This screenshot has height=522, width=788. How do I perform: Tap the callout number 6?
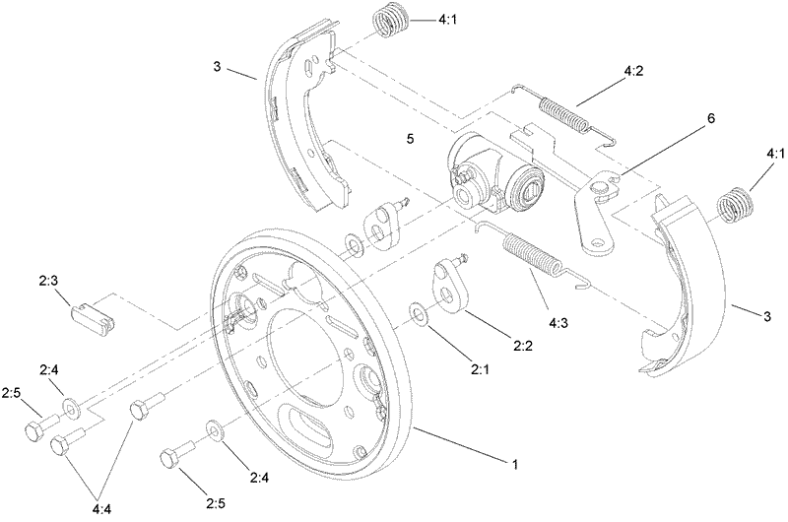[x=711, y=119]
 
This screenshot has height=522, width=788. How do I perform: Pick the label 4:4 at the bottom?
[x=101, y=509]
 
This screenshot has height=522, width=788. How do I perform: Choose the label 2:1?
[x=481, y=370]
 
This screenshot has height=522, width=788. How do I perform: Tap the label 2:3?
[x=50, y=282]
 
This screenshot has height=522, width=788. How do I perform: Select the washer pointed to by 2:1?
[x=419, y=315]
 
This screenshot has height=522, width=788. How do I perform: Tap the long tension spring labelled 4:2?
[x=566, y=108]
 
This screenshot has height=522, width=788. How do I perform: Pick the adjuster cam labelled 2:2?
[x=449, y=286]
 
